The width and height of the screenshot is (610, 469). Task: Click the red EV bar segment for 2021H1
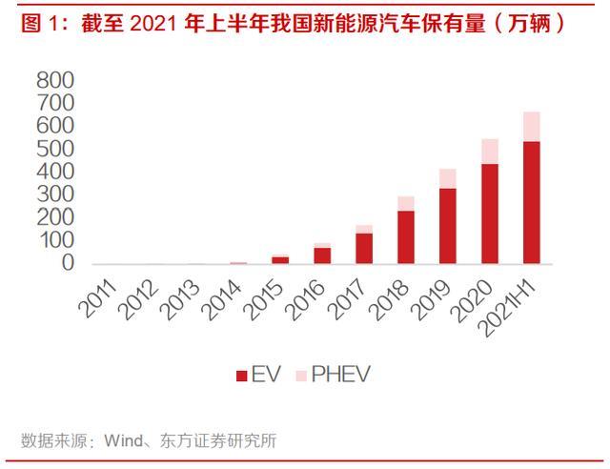tap(531, 202)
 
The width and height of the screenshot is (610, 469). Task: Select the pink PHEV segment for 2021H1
tap(531, 127)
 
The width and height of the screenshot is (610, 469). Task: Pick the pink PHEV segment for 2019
tap(447, 178)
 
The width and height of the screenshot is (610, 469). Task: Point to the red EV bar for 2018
tap(405, 237)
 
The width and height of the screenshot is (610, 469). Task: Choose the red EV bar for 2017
tap(363, 249)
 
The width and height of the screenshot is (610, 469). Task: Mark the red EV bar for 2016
tap(322, 255)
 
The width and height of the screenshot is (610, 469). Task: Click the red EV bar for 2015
tap(280, 259)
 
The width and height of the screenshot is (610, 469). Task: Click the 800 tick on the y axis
tap(55, 80)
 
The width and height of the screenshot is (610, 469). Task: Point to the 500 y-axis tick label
tap(55, 149)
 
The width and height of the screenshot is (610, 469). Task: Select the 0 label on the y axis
tap(68, 263)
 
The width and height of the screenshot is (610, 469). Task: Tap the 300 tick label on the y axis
tap(55, 194)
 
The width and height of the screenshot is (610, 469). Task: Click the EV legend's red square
tap(241, 375)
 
